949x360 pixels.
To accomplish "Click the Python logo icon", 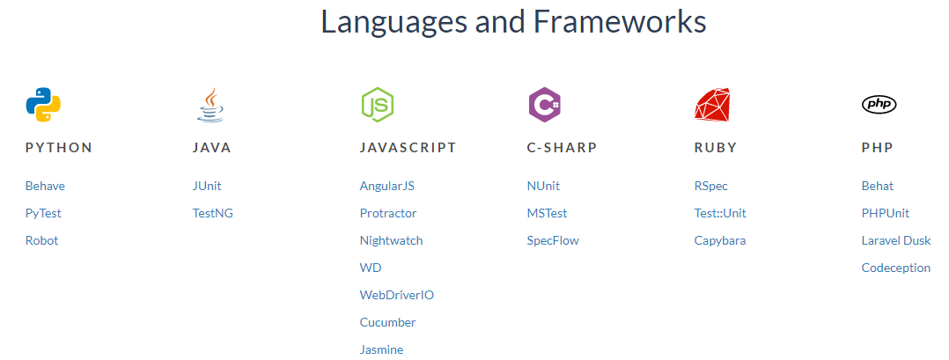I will tap(43, 105).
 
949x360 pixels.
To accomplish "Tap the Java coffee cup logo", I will tap(210, 105).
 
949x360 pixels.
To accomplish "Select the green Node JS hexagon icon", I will tap(377, 105).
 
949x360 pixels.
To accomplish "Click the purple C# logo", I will tap(544, 105).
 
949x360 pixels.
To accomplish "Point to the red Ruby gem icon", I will tap(712, 105).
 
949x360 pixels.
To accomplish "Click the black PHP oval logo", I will tap(879, 105).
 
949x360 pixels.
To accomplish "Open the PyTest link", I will tap(43, 213).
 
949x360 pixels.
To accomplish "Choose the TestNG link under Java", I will tap(213, 213).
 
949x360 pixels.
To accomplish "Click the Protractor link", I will tap(388, 213).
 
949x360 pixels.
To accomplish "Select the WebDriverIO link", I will tap(396, 295).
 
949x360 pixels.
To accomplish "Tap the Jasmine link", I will tap(381, 349).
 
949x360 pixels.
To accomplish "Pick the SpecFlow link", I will tap(553, 240).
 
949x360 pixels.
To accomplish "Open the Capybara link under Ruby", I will tap(720, 240).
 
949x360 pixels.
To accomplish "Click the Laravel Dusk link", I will tap(896, 240).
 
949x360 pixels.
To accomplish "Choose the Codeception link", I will tap(895, 268).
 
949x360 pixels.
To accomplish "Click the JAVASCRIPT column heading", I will tap(408, 148).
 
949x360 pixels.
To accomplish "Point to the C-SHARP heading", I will tap(562, 148).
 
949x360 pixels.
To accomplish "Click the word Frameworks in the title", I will tap(620, 22).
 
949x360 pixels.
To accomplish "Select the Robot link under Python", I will tap(41, 240).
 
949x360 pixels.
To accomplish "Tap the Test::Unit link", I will tap(720, 213).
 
